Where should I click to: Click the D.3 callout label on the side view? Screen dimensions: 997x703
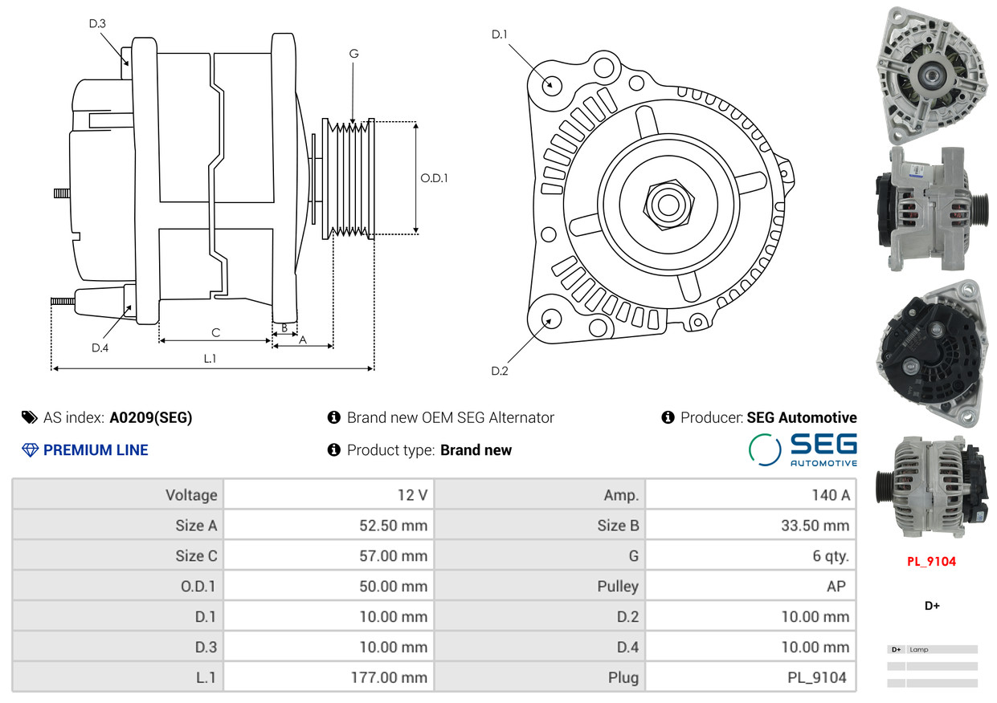(97, 23)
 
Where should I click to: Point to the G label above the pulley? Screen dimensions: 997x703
(353, 54)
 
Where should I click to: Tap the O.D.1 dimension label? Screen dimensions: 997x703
(434, 178)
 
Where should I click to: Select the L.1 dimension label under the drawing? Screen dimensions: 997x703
(210, 359)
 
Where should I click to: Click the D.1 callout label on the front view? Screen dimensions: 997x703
(500, 35)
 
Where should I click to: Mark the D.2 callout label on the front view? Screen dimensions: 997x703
(500, 371)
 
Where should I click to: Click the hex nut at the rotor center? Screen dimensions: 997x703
(668, 205)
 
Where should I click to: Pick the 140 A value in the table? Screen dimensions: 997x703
(831, 495)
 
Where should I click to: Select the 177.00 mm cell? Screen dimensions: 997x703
(389, 677)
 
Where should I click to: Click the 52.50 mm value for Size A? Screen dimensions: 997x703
(394, 525)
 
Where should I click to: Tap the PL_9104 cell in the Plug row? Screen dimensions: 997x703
(817, 677)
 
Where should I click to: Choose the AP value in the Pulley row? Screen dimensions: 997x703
(836, 586)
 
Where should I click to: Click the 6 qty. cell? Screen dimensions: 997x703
(831, 556)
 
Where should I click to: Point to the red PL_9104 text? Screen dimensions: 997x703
(932, 562)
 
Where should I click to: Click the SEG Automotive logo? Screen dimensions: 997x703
(803, 450)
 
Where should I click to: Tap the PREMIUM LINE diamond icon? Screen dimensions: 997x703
(30, 450)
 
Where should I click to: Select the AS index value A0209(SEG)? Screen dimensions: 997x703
(151, 417)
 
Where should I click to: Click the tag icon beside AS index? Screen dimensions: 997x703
(30, 417)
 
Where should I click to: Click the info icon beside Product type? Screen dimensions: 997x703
(334, 450)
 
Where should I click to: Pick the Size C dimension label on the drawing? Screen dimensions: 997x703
(216, 332)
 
